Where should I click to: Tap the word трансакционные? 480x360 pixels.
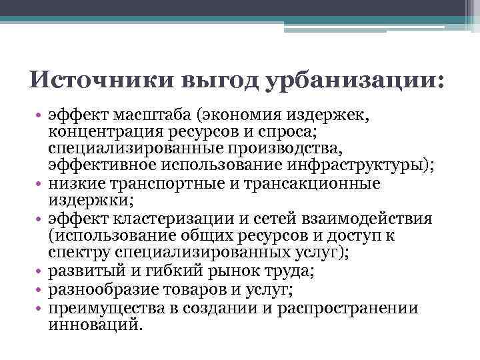(x=313, y=183)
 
